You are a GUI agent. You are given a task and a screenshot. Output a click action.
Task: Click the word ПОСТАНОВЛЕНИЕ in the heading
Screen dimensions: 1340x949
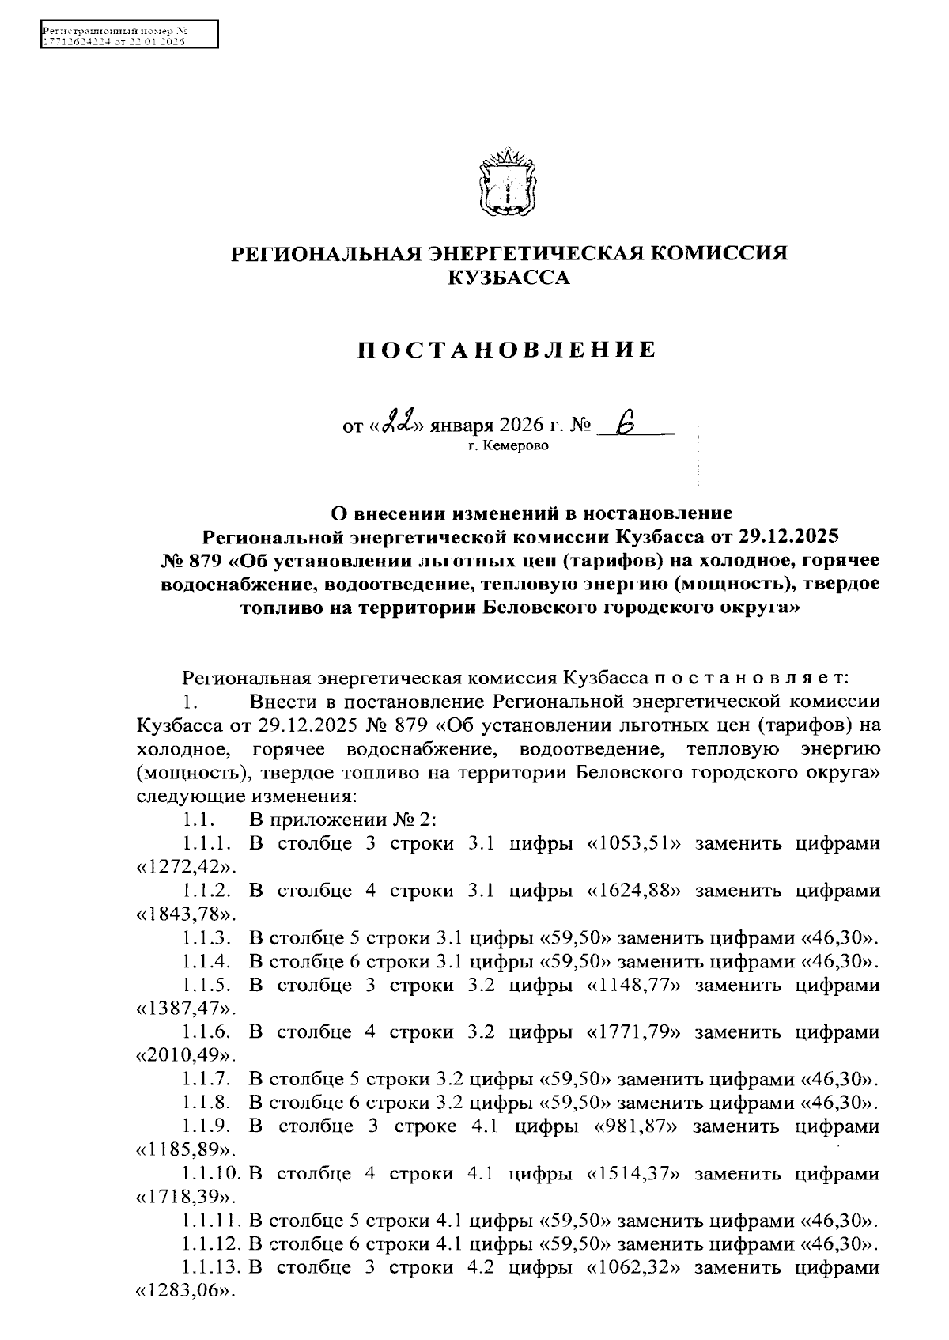pos(507,350)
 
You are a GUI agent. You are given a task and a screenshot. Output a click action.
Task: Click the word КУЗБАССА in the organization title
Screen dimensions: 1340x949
pos(508,278)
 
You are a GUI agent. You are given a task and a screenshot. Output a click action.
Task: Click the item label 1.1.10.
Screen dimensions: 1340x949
pos(212,1174)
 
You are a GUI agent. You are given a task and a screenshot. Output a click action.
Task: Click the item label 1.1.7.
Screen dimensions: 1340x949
pos(206,1080)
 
